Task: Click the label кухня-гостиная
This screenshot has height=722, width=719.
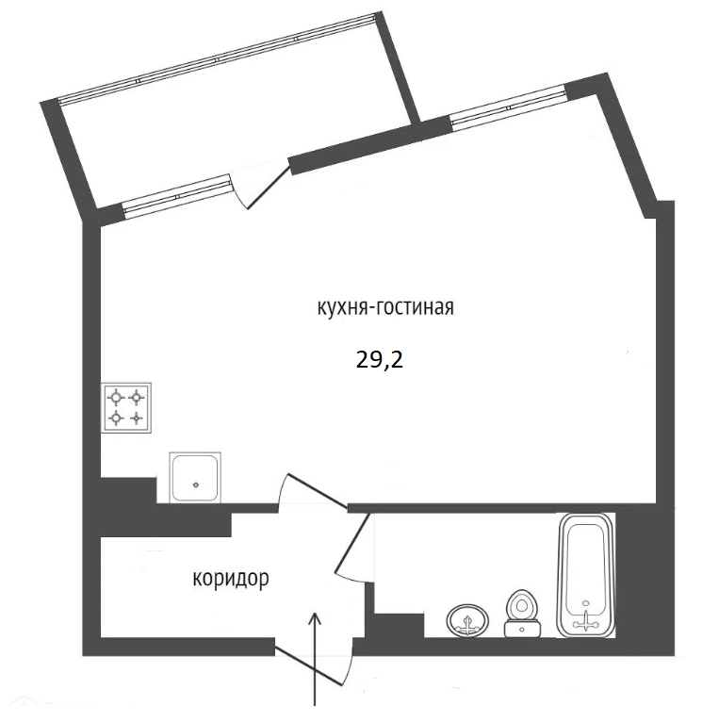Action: [385, 307]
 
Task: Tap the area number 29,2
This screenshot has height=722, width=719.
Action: [380, 359]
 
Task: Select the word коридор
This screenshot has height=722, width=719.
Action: [231, 579]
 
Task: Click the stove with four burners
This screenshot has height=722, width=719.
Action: [126, 408]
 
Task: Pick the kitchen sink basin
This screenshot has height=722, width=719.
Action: [195, 478]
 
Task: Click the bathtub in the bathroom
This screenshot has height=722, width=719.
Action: [586, 576]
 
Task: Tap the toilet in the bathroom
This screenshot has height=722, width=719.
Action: [522, 614]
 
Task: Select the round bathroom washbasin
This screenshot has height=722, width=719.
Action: [467, 621]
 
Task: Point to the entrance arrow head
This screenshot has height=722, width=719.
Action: [315, 618]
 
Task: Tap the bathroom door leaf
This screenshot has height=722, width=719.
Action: [353, 543]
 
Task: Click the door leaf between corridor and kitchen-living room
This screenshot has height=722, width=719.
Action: [318, 492]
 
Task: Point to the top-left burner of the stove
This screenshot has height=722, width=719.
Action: [117, 396]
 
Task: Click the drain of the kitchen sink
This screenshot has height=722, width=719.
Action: [196, 484]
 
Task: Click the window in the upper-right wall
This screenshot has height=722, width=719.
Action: [508, 107]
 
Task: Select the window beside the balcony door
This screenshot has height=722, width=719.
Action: [177, 196]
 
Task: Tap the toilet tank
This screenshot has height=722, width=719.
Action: [522, 629]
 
